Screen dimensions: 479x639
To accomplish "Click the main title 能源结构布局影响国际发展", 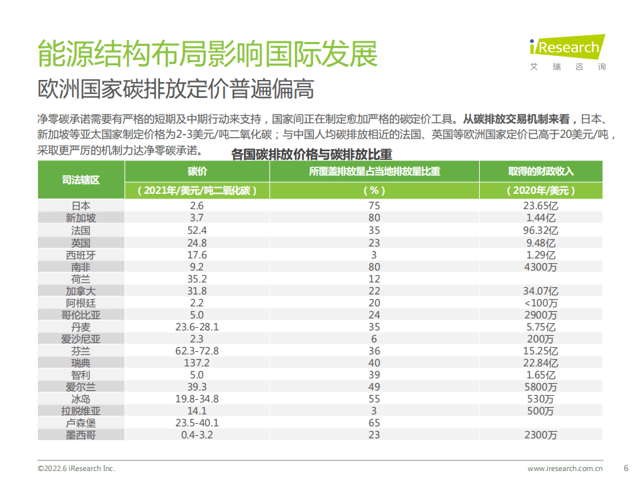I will pyautogui.click(x=207, y=54).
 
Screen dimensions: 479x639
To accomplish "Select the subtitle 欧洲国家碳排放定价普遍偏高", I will pyautogui.click(x=175, y=89).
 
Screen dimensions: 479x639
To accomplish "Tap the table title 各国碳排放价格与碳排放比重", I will pyautogui.click(x=311, y=155).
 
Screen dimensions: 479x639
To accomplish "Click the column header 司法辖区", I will pyautogui.click(x=81, y=180).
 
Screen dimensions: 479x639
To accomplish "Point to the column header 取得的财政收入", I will pyautogui.click(x=540, y=171).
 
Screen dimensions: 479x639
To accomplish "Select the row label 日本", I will pyautogui.click(x=81, y=207).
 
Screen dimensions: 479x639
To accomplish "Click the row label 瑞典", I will pyautogui.click(x=81, y=362).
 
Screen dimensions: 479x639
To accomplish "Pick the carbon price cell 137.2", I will pyautogui.click(x=197, y=362).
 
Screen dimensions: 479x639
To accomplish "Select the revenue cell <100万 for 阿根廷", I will pyautogui.click(x=540, y=302).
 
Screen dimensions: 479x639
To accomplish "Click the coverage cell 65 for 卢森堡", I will pyautogui.click(x=374, y=422).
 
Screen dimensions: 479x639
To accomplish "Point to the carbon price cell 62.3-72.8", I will pyautogui.click(x=197, y=350).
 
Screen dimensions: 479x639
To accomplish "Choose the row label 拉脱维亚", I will pyautogui.click(x=81, y=410).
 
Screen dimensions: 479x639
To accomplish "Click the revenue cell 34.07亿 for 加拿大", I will pyautogui.click(x=540, y=290).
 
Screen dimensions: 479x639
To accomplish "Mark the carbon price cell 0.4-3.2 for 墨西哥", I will pyautogui.click(x=197, y=434).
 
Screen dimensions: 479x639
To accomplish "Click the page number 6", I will pyautogui.click(x=625, y=467).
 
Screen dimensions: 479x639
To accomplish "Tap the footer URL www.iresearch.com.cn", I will pyautogui.click(x=565, y=468).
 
